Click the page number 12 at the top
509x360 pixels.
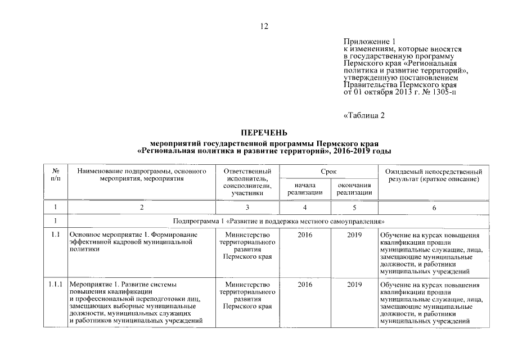pos(264,26)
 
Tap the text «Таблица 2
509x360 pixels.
pos(363,116)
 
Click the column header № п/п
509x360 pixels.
pos(56,174)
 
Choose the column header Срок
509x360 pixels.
pos(329,170)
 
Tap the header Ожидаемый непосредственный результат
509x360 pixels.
pos(433,174)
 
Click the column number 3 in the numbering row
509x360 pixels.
pos(247,208)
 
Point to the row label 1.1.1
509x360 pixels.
pos(56,284)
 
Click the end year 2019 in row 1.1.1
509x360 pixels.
pos(354,284)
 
